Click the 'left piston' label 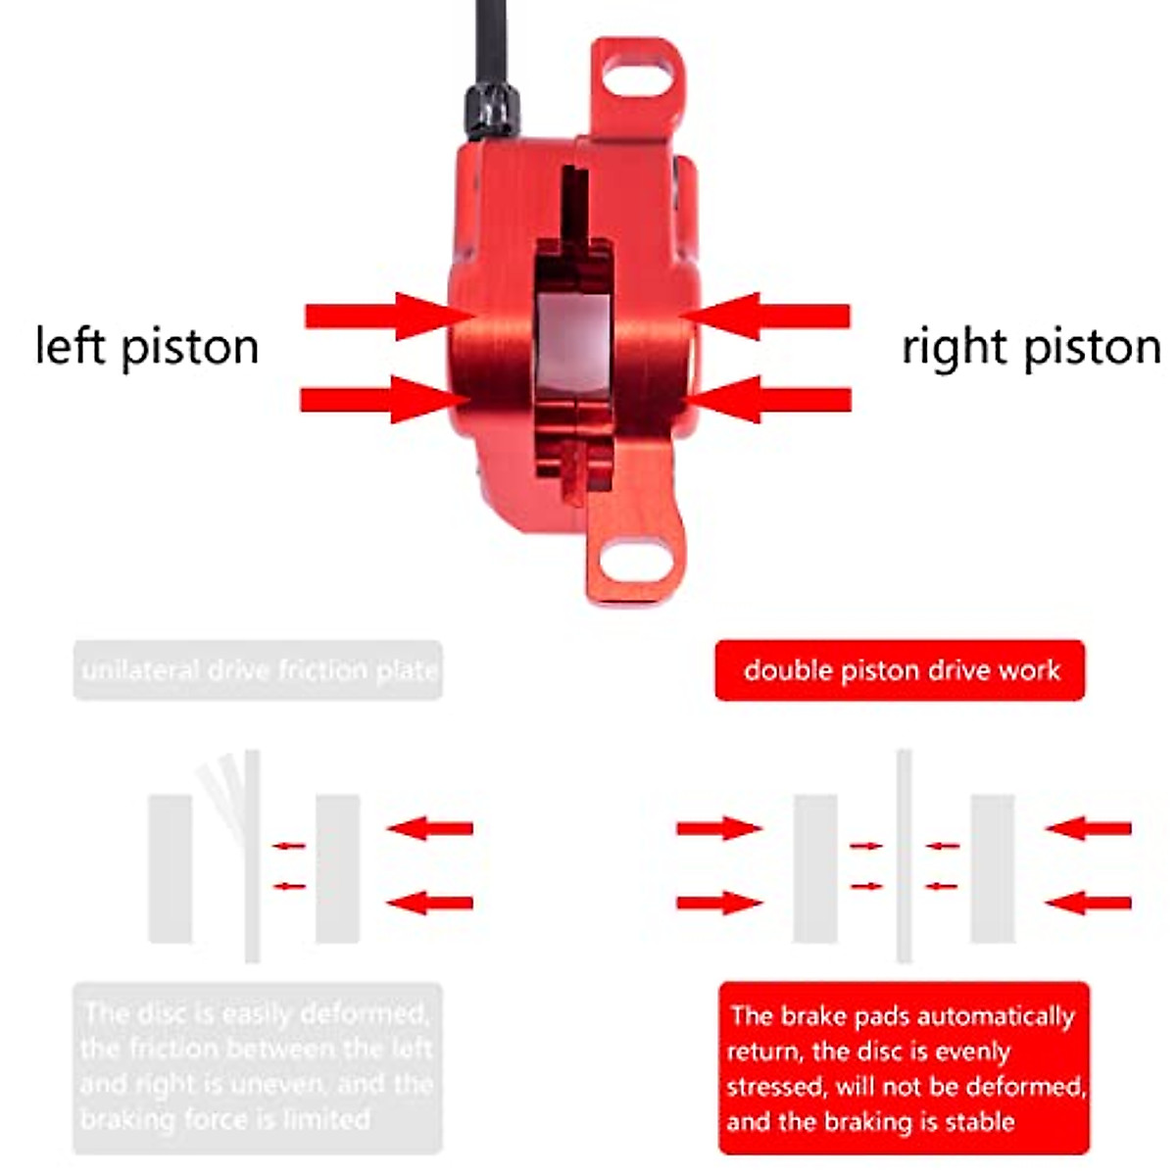tap(147, 347)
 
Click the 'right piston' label tap(1031, 347)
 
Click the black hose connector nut tap(492, 110)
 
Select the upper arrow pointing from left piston tap(387, 316)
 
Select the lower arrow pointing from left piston tap(382, 399)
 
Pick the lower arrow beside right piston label tap(770, 399)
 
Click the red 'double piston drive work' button tap(900, 670)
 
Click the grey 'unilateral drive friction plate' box tap(258, 670)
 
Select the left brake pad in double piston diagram tap(815, 868)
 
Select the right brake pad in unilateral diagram tap(338, 868)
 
